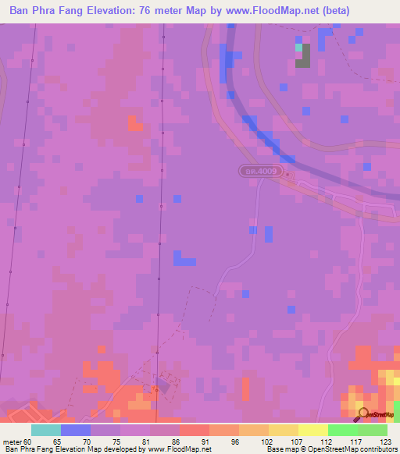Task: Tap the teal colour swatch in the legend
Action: click(x=46, y=430)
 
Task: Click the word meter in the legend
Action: click(x=12, y=440)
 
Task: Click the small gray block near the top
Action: click(x=302, y=56)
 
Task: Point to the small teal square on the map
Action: click(x=298, y=48)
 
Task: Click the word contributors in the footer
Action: click(x=377, y=449)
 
